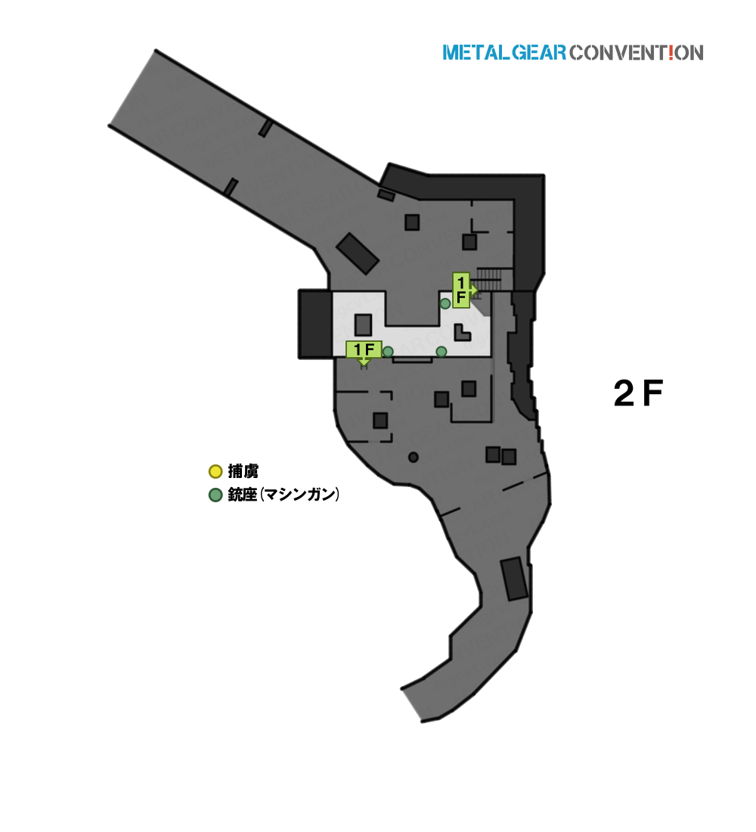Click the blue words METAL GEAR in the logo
504,52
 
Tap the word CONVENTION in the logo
637,52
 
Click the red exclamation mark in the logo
671,52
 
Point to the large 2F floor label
638,393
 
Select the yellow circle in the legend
215,471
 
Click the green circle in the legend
215,495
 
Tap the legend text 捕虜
243,471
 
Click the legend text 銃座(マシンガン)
283,495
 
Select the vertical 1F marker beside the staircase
462,290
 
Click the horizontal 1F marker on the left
364,349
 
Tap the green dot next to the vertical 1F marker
445,303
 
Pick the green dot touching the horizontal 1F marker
388,352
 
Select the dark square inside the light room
363,324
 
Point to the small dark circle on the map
414,457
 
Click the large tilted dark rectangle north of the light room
358,253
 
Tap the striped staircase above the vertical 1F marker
488,279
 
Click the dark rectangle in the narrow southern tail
514,579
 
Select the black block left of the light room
315,324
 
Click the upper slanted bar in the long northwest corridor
266,129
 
